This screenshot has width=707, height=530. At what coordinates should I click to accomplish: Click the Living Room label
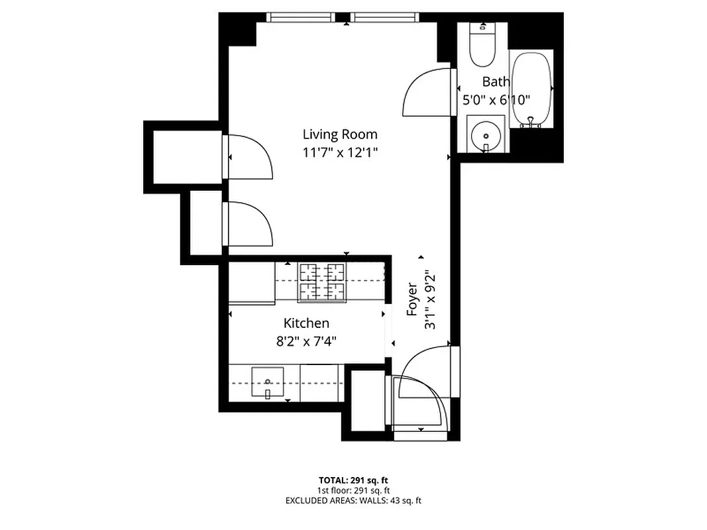point(340,134)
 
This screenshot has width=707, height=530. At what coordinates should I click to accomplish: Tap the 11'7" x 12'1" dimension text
point(340,152)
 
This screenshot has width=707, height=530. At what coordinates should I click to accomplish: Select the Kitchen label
point(306,323)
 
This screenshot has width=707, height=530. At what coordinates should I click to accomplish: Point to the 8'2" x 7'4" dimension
point(306,341)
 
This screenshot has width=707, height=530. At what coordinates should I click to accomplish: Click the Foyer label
point(412,299)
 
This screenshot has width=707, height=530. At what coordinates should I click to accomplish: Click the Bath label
point(496,82)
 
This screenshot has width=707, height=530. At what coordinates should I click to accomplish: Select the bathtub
point(531,89)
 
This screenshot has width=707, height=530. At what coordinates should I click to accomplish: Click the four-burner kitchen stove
point(322,283)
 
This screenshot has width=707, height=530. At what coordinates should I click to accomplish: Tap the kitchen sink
point(268,383)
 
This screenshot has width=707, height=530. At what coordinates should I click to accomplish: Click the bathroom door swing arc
point(425,93)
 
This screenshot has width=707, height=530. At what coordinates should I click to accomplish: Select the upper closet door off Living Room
point(249,156)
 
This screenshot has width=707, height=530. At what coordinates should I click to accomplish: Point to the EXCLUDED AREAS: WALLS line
point(353,501)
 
